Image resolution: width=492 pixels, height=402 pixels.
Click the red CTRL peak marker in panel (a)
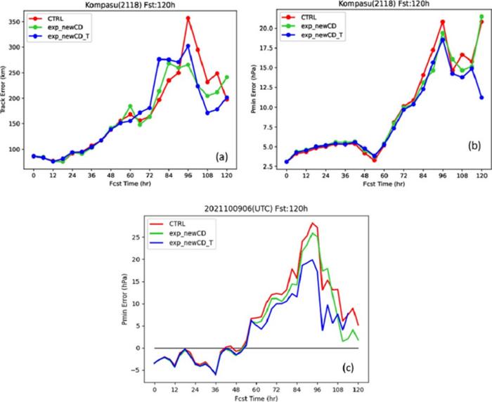pos(188,18)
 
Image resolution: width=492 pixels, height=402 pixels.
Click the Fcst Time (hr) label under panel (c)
pos(256,398)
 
